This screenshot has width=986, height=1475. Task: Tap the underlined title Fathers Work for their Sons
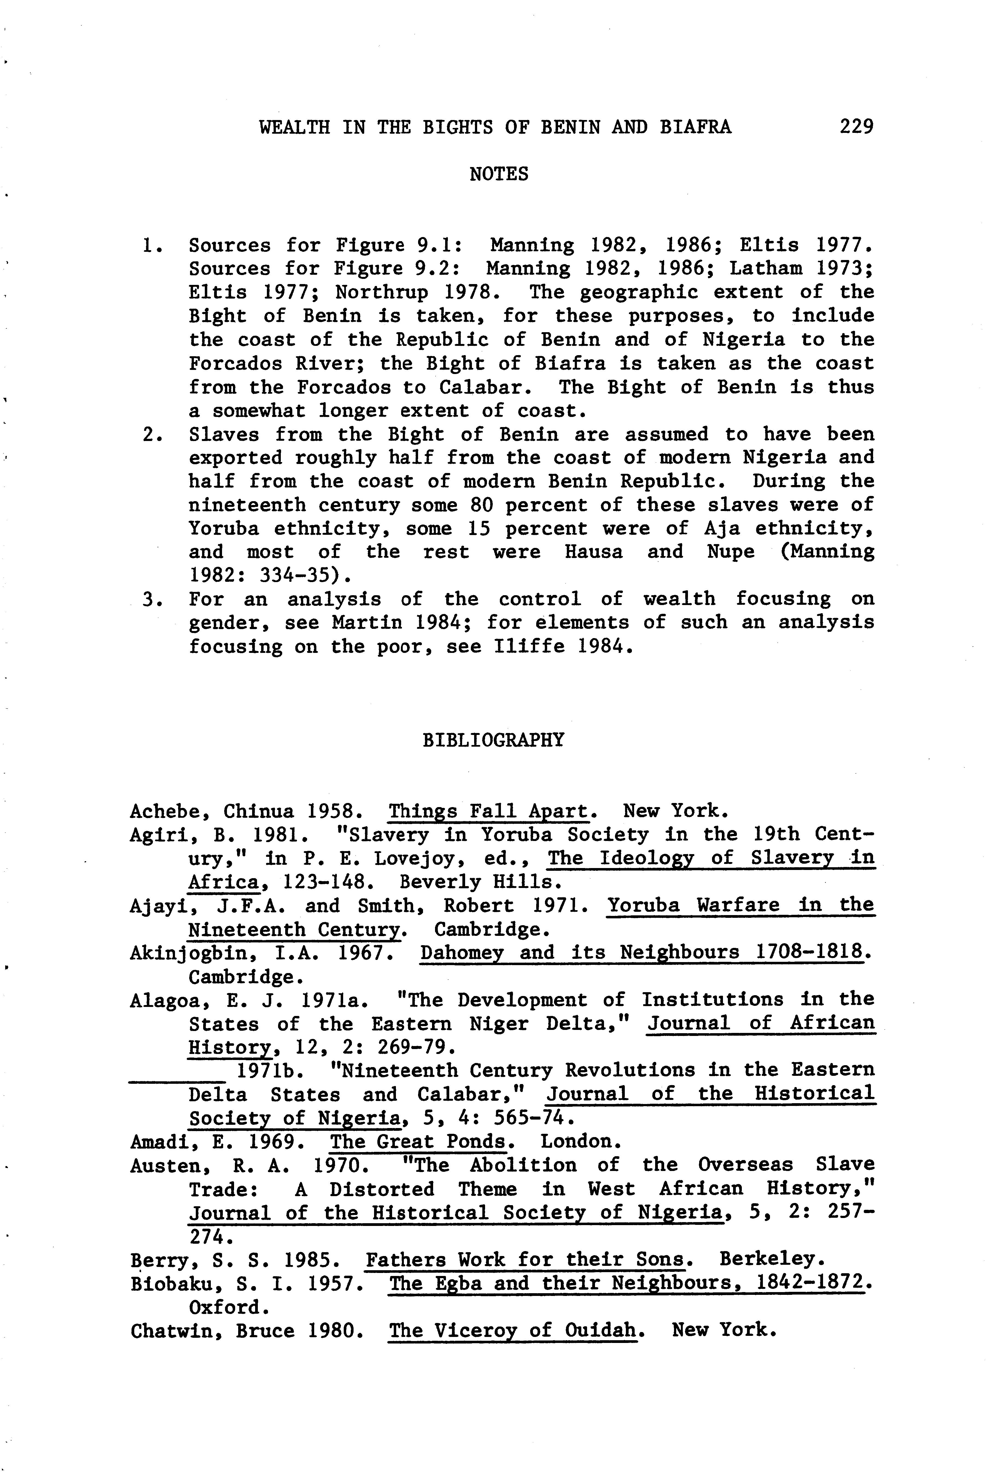(x=527, y=1260)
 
